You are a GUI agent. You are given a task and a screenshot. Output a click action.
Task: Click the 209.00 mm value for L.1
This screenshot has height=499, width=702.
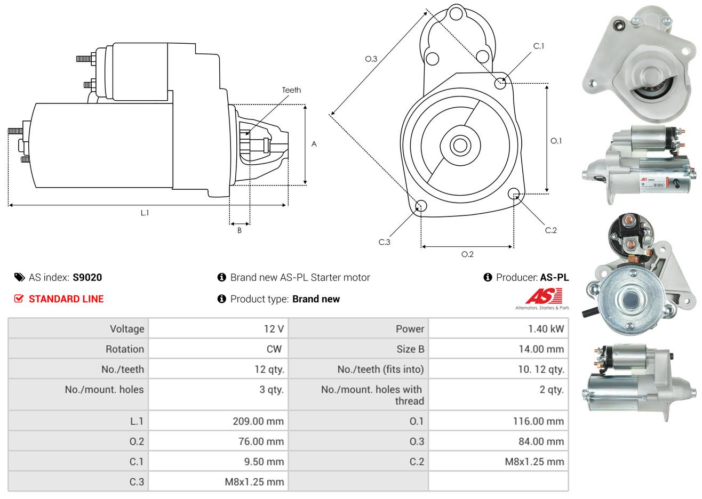(x=258, y=421)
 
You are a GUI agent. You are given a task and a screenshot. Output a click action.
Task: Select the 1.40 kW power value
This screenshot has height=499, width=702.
(x=546, y=328)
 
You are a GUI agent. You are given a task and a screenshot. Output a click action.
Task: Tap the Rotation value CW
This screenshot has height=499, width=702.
(x=274, y=349)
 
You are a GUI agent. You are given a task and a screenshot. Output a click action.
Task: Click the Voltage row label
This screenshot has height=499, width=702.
(x=127, y=328)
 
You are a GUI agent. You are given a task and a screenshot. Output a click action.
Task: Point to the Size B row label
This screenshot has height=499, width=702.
(x=410, y=349)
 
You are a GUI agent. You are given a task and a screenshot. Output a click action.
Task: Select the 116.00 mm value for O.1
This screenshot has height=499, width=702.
(x=538, y=421)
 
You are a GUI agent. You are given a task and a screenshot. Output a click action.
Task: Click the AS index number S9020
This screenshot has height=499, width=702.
(x=87, y=277)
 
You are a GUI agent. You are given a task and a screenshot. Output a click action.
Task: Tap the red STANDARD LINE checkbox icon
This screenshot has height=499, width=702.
(x=19, y=299)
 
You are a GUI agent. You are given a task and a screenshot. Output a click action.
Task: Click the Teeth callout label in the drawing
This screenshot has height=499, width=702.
(x=291, y=90)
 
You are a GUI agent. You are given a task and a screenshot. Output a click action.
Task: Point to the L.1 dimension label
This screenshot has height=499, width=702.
(x=145, y=213)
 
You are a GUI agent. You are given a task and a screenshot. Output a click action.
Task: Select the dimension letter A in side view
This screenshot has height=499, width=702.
(x=314, y=144)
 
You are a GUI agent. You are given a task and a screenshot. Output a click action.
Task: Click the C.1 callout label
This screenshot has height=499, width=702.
(x=539, y=46)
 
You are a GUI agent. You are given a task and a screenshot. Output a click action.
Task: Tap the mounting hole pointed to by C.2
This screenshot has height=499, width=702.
(x=514, y=194)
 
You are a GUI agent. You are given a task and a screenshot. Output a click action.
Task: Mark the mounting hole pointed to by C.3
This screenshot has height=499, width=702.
(x=420, y=206)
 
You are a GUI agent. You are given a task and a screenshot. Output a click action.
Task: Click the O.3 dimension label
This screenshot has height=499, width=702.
(x=371, y=59)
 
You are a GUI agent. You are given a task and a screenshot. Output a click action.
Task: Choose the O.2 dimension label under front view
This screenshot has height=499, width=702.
(x=467, y=254)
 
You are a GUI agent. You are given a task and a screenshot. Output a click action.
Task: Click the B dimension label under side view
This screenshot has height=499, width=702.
(x=240, y=230)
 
